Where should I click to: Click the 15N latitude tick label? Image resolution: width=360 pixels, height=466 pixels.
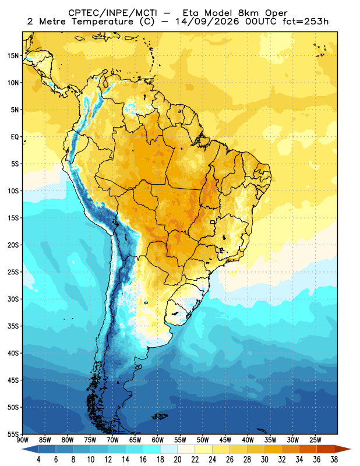pyautogui.click(x=13, y=55)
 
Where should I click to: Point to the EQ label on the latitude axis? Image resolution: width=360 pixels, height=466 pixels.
pyautogui.click(x=15, y=137)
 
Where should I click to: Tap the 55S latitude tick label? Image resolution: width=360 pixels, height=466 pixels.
pyautogui.click(x=13, y=434)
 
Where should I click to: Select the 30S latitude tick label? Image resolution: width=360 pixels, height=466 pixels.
pyautogui.click(x=13, y=299)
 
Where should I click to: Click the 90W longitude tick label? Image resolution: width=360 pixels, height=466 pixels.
pyautogui.click(x=22, y=440)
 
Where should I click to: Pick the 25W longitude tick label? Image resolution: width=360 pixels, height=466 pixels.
pyautogui.click(x=315, y=440)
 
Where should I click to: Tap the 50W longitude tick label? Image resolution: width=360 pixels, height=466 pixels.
pyautogui.click(x=203, y=440)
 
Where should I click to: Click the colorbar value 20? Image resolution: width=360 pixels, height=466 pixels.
pyautogui.click(x=178, y=460)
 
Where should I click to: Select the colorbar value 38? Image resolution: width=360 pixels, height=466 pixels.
pyautogui.click(x=334, y=460)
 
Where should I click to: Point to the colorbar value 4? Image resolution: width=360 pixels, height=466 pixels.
pyautogui.click(x=38, y=460)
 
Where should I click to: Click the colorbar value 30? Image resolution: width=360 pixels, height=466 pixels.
pyautogui.click(x=264, y=460)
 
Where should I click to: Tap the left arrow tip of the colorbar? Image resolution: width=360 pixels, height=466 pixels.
pyautogui.click(x=22, y=449)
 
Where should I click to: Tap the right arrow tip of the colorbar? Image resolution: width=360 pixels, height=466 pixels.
pyautogui.click(x=351, y=449)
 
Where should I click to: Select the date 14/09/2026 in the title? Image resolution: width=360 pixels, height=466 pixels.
pyautogui.click(x=207, y=22)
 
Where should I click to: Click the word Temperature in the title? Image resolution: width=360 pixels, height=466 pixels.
pyautogui.click(x=101, y=22)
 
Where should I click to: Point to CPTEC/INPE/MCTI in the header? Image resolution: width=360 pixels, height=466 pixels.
pyautogui.click(x=112, y=13)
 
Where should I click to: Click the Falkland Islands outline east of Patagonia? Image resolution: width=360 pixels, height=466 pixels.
pyautogui.click(x=160, y=416)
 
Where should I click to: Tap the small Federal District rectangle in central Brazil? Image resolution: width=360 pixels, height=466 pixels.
pyautogui.click(x=213, y=222)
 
